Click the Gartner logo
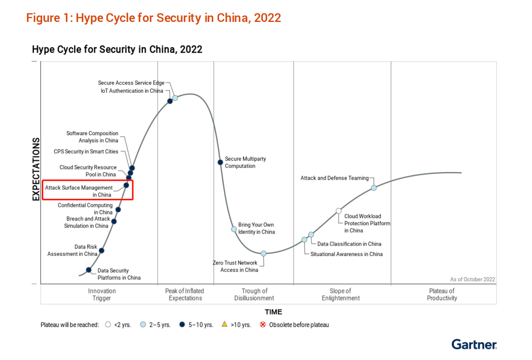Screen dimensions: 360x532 (474, 344)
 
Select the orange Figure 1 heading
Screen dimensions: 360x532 (153, 18)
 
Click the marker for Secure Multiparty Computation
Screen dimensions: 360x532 (220, 162)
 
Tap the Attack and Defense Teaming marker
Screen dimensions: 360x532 (373, 188)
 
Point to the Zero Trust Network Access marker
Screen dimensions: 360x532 (263, 253)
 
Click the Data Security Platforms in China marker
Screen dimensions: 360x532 (89, 270)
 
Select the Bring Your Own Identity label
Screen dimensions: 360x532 (256, 228)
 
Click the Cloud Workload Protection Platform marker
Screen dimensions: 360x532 (338, 211)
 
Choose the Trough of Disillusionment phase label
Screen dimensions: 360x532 (255, 295)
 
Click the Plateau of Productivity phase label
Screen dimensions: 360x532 (442, 295)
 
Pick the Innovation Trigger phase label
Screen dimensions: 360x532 (102, 295)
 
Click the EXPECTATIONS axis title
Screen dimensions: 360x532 (36, 169)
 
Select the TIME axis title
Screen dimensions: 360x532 (273, 312)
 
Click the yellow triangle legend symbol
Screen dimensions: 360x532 (224, 324)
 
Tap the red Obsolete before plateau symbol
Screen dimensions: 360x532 (263, 325)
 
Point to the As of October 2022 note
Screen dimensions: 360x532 (473, 279)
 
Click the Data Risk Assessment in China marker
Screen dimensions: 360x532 (101, 250)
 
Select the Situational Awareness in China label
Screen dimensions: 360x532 (346, 254)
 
